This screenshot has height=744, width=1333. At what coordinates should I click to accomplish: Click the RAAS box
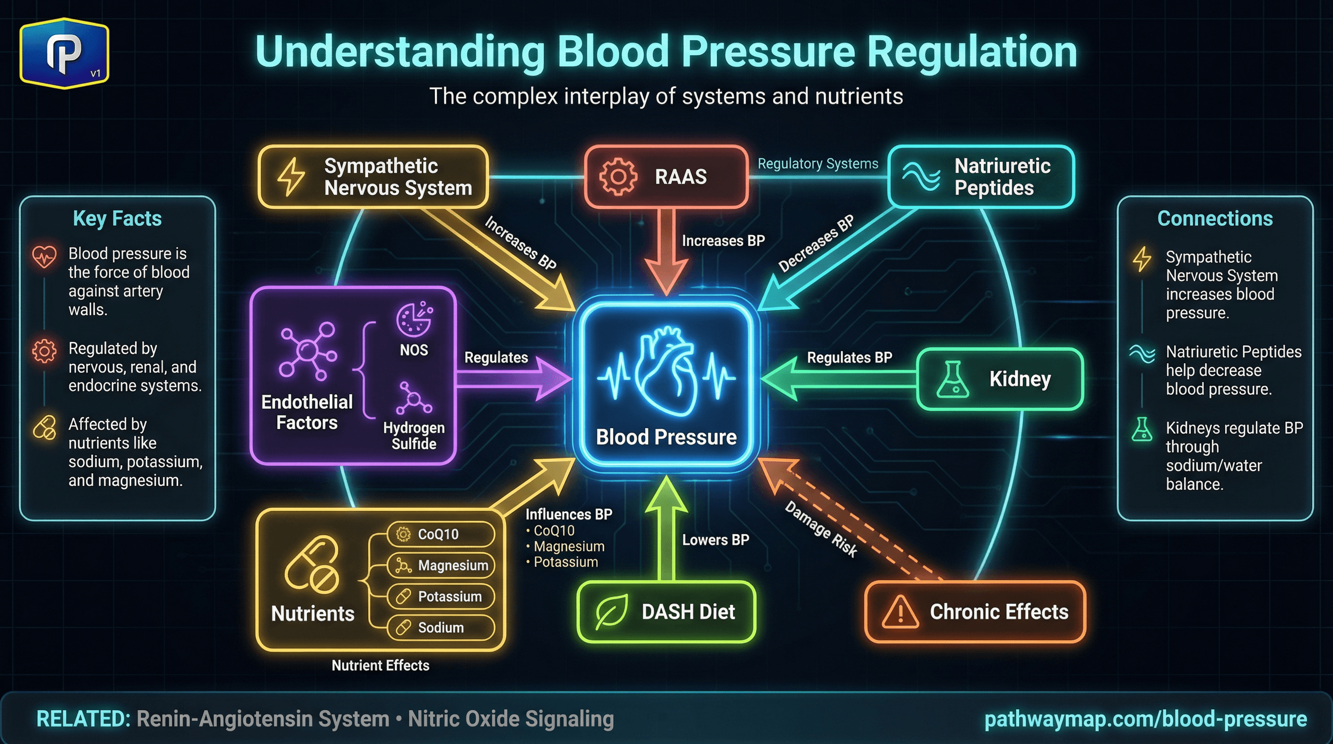click(666, 177)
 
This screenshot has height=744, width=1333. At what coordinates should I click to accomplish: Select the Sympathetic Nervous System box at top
click(373, 177)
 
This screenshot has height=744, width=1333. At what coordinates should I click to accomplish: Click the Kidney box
click(1000, 379)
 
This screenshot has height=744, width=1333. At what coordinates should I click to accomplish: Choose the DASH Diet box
click(666, 612)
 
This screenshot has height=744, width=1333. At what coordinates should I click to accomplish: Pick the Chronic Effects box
click(975, 612)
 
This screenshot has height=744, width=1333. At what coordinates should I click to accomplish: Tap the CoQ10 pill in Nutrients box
click(440, 534)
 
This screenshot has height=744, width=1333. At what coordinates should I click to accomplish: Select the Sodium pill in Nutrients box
click(440, 628)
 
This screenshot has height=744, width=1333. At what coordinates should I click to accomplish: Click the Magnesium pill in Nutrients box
click(440, 565)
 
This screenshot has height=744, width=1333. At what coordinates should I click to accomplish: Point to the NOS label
click(414, 350)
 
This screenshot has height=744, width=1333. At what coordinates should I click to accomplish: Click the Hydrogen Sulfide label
click(414, 435)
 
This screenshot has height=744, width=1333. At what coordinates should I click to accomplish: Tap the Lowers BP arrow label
click(715, 540)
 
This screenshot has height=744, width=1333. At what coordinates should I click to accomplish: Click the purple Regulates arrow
click(512, 379)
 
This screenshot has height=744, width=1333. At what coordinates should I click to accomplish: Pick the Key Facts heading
click(118, 218)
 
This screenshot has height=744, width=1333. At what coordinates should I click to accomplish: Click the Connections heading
click(1214, 218)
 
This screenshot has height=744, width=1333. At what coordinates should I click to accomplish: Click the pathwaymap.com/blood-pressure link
click(1145, 719)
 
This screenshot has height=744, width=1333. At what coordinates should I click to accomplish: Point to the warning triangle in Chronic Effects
click(900, 612)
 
